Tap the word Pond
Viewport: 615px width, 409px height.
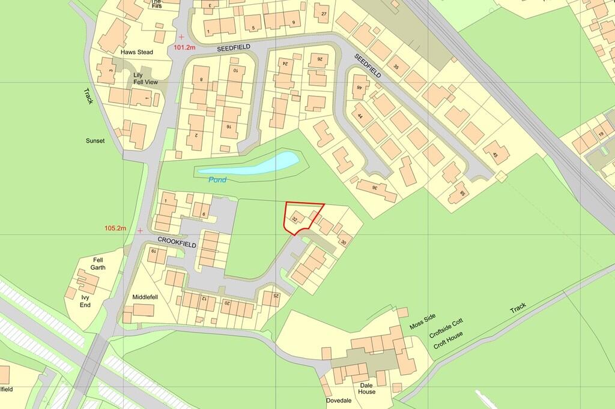217,179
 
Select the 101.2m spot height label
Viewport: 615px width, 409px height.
186,47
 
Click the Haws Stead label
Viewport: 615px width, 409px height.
136,52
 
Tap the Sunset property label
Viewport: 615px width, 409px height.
95,140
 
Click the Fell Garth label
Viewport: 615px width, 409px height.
98,263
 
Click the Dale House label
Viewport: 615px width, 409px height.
368,388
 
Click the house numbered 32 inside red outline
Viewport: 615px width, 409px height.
295,218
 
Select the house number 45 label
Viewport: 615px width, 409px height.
495,155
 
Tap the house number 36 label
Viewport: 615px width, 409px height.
375,188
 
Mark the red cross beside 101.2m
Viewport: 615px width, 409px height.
181,37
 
